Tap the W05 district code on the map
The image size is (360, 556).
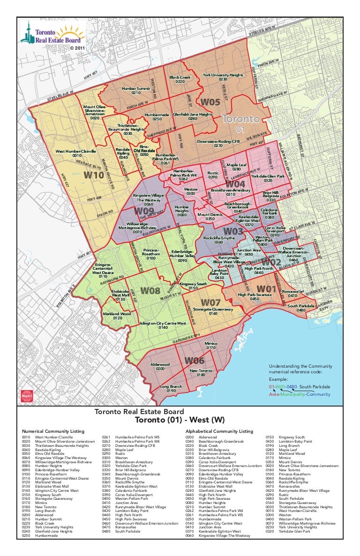210,102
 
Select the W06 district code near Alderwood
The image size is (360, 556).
194,361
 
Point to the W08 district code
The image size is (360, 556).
150,291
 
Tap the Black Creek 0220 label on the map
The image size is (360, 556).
180,79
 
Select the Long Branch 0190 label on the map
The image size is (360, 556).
171,389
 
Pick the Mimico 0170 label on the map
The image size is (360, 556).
211,346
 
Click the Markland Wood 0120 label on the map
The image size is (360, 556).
117,316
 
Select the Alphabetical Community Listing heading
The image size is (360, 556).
219,431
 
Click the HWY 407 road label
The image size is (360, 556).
90,75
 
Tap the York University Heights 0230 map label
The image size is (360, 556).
223,77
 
